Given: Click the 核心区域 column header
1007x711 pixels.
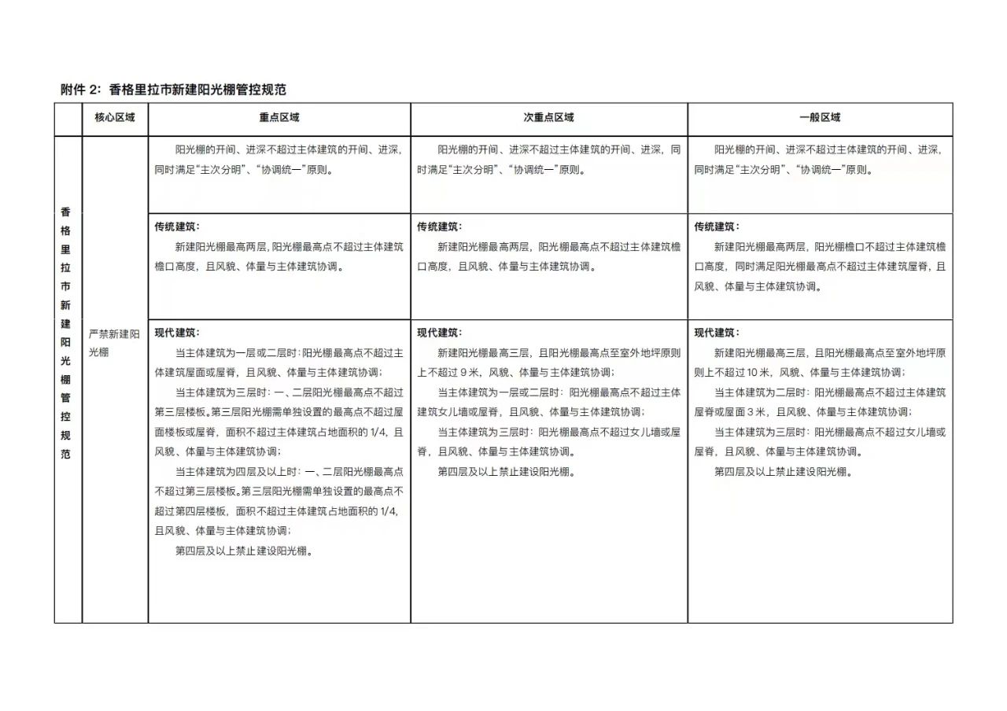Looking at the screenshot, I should click(115, 118).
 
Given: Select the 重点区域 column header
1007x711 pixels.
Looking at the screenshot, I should click(279, 118).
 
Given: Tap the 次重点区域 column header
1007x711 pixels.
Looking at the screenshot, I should click(549, 118).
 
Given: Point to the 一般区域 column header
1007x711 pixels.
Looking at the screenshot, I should click(820, 118).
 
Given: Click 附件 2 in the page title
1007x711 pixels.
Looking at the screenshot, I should click(80, 90).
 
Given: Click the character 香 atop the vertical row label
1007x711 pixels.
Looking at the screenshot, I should click(66, 212).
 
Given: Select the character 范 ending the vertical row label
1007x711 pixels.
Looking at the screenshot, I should click(66, 455).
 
